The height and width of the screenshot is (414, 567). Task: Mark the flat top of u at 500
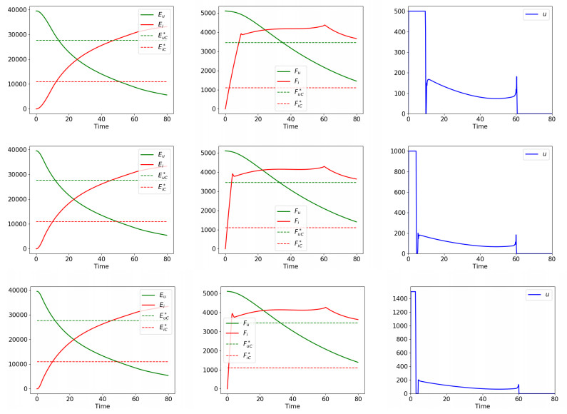pyautogui.click(x=416, y=11)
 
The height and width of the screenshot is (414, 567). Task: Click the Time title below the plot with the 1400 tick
pyautogui.click(x=481, y=406)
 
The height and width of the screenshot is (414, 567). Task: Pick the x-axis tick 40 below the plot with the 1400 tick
pyautogui.click(x=482, y=398)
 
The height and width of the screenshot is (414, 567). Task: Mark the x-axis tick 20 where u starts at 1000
pyautogui.click(x=445, y=259)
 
